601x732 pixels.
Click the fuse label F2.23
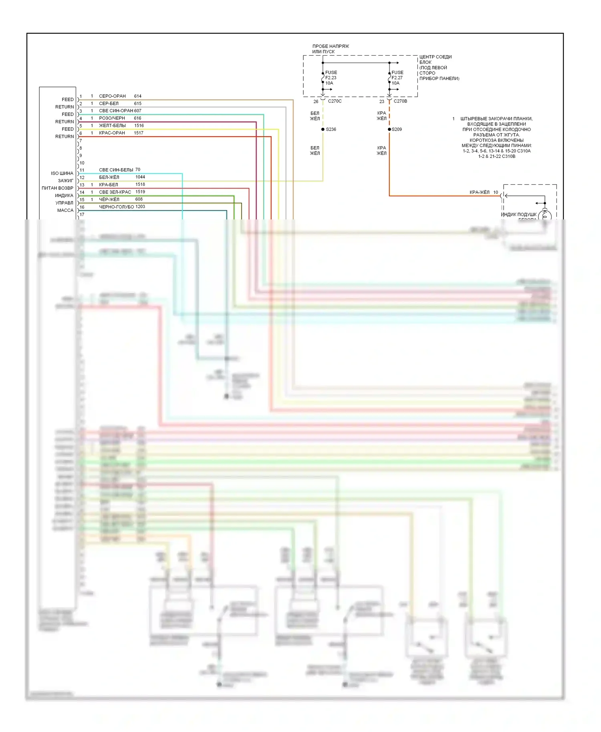[331, 78]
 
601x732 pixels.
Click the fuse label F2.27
[397, 78]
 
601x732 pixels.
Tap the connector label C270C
[335, 101]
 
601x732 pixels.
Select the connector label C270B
[400, 101]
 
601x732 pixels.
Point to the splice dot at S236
[323, 129]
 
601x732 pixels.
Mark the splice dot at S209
[389, 129]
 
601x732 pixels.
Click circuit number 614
[138, 96]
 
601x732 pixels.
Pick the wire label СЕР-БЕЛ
[109, 103]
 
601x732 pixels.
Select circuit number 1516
[139, 125]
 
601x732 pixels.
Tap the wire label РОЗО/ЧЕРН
[112, 118]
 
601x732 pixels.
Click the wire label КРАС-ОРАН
[112, 133]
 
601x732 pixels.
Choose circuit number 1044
[140, 177]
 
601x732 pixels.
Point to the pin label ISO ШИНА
[62, 173]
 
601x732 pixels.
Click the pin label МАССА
[65, 210]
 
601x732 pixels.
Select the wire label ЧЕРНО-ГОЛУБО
[116, 207]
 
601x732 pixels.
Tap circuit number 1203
[140, 207]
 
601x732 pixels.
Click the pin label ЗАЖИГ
[66, 181]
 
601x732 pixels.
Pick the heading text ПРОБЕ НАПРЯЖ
[331, 46]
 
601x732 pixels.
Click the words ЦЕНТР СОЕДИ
[436, 57]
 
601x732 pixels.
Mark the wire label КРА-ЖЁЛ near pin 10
[479, 192]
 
